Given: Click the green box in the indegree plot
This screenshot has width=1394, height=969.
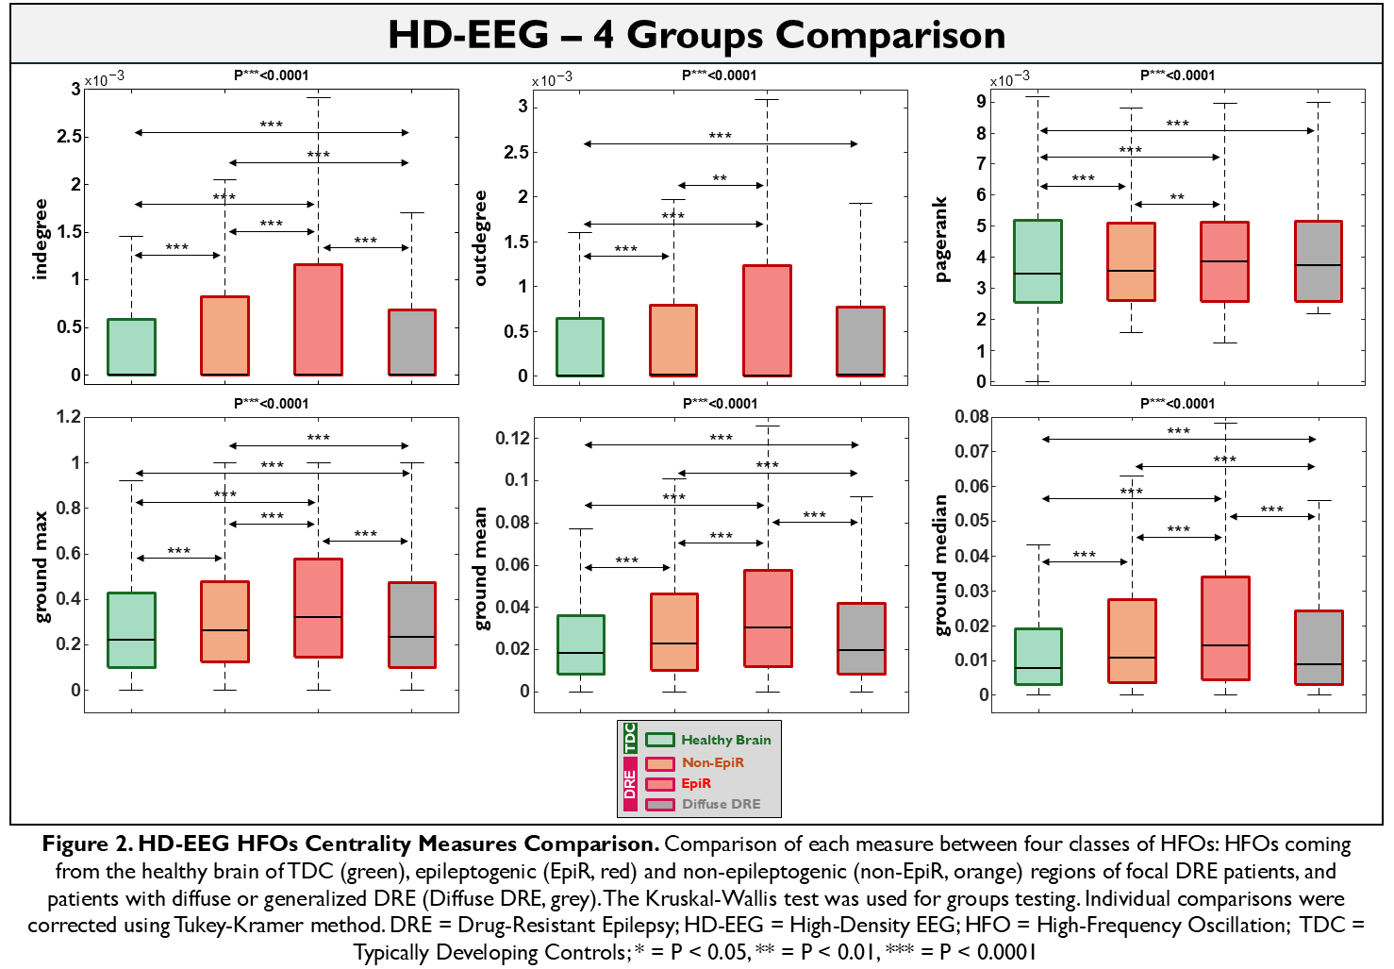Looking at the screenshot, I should click(x=131, y=346).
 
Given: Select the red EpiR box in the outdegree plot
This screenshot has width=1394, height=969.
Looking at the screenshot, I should click(x=767, y=320).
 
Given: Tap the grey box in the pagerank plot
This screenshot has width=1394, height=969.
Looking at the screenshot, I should click(x=1318, y=260).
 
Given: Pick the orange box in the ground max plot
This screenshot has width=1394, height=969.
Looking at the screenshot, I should click(x=224, y=621).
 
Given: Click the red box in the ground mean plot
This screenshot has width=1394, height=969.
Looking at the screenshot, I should click(x=768, y=618).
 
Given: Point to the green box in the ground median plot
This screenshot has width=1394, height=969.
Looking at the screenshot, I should click(x=1037, y=656).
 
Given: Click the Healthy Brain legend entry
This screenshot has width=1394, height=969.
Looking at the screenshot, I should click(x=725, y=740).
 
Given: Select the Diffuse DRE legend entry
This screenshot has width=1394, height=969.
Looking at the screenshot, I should click(x=721, y=804).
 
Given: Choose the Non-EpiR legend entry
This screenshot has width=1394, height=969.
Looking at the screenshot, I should click(x=712, y=762).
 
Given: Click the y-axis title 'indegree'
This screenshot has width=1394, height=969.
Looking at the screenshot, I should click(x=40, y=239).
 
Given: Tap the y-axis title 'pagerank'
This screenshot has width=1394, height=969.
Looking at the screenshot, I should click(x=940, y=240).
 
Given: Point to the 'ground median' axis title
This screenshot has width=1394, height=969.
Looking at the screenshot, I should click(x=940, y=565).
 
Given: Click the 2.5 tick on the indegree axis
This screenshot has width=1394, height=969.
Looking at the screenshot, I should click(x=69, y=137).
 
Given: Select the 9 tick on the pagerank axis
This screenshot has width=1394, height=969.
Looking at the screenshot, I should click(x=981, y=102).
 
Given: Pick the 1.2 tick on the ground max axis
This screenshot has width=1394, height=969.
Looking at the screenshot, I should click(x=69, y=417).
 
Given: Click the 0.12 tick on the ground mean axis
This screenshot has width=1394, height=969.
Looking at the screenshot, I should click(x=513, y=438).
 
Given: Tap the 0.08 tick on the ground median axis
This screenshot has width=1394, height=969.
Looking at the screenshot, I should click(x=971, y=417).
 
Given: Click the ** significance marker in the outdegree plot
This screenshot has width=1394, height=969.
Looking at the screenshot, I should click(x=720, y=177).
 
